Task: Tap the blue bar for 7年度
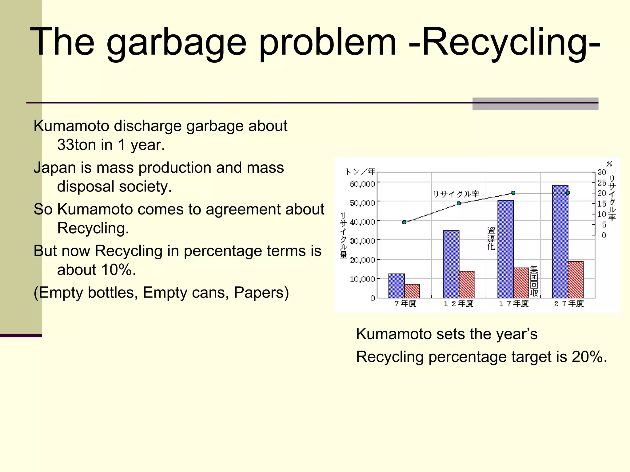coord(397,286)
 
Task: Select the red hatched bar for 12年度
coord(467,285)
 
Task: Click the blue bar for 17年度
coord(505,249)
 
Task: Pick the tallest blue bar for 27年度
coord(560,241)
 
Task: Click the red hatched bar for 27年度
coord(576,280)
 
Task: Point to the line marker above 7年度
coord(404,222)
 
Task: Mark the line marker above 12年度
coord(459,203)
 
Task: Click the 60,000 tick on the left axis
coord(362,184)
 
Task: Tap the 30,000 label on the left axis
coord(362,241)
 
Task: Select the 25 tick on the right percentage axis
coord(601,183)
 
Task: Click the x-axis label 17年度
coord(514,304)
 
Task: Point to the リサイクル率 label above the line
coord(456,194)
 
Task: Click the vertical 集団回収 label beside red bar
coord(534,281)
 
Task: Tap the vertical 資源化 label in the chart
coord(491,238)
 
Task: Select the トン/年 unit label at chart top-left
coord(360,171)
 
